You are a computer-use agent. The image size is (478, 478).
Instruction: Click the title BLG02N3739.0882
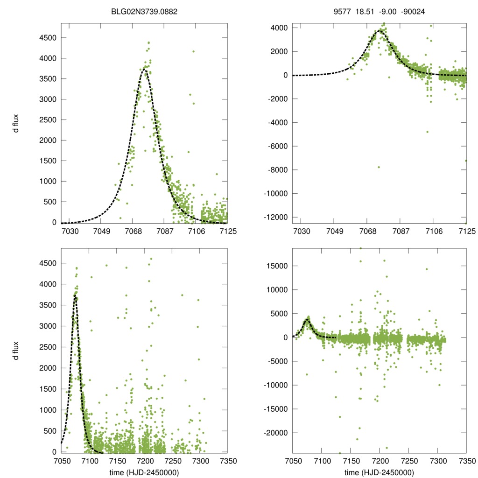(144, 14)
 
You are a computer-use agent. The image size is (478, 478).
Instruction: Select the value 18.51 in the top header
(363, 14)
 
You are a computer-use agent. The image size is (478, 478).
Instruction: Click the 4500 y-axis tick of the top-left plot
(49, 38)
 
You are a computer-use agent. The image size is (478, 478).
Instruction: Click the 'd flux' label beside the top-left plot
(16, 124)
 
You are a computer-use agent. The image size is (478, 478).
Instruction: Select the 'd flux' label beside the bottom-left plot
(16, 350)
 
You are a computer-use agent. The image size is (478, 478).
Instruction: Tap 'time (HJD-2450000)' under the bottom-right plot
(380, 472)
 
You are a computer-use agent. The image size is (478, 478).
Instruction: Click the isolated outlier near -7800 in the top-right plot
(379, 167)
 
